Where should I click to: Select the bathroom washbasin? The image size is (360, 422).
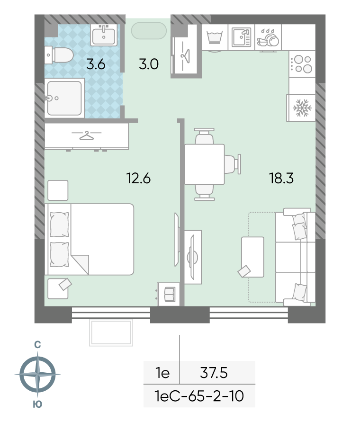click(x=104, y=35)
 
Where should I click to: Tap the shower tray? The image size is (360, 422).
click(x=64, y=98)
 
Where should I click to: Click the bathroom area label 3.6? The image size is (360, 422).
click(x=96, y=64)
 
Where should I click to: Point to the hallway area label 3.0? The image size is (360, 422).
click(x=149, y=64)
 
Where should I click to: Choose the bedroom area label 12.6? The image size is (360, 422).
click(x=138, y=178)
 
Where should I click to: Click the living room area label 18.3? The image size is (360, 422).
click(x=281, y=178)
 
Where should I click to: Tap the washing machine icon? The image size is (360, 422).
click(x=215, y=37)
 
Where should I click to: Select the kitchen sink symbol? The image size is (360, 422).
click(x=242, y=37)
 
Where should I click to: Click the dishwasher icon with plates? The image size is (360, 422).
click(x=268, y=38)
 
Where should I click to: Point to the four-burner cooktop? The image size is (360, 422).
click(x=302, y=64)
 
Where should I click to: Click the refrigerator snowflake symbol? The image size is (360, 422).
click(x=302, y=108)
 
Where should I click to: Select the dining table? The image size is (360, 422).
click(x=204, y=164)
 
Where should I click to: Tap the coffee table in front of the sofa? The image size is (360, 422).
click(x=252, y=257)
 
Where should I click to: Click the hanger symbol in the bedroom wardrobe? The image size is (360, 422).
click(x=86, y=135)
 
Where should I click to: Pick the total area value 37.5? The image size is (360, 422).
click(x=214, y=373)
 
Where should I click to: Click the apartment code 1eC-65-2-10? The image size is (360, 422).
click(x=199, y=396)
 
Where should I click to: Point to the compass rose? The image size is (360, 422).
click(x=37, y=374)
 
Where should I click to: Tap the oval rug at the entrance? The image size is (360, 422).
click(x=149, y=31)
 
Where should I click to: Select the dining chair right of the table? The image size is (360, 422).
click(x=232, y=164)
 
